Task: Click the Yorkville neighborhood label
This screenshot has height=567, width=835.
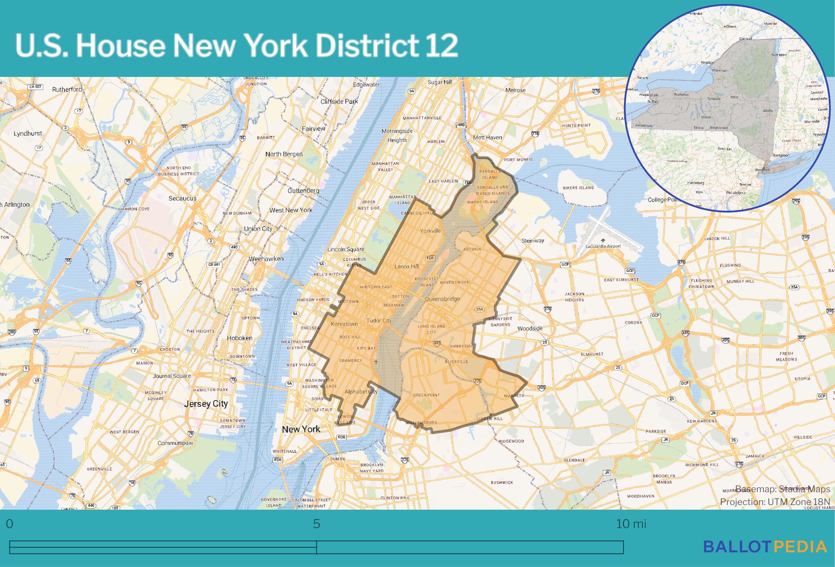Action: coord(431,231)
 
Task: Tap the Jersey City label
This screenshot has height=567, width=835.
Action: coord(206,404)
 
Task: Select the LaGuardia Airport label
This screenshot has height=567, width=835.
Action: coord(603,246)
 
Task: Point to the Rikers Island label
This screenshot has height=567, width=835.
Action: coord(578,188)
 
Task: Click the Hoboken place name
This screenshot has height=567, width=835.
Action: coord(239,338)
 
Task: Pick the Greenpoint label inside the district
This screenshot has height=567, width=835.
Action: coord(426,395)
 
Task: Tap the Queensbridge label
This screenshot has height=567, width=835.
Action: coord(442,299)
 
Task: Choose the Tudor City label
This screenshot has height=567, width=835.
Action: coord(379,321)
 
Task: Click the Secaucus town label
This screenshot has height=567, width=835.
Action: coord(182,198)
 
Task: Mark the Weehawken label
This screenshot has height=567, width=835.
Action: coord(266,259)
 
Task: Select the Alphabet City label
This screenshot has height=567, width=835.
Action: coord(361,391)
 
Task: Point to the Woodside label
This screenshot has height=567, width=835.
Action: coord(530,328)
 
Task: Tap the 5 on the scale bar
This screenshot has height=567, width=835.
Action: coord(317,524)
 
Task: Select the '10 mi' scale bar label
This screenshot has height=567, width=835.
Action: coord(631,524)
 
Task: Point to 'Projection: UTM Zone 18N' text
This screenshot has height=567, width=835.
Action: coord(775,502)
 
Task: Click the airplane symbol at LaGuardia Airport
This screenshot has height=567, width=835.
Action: coord(603,240)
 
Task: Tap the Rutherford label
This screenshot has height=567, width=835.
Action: coord(67,89)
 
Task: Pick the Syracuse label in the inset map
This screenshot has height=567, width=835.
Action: coord(713,98)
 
